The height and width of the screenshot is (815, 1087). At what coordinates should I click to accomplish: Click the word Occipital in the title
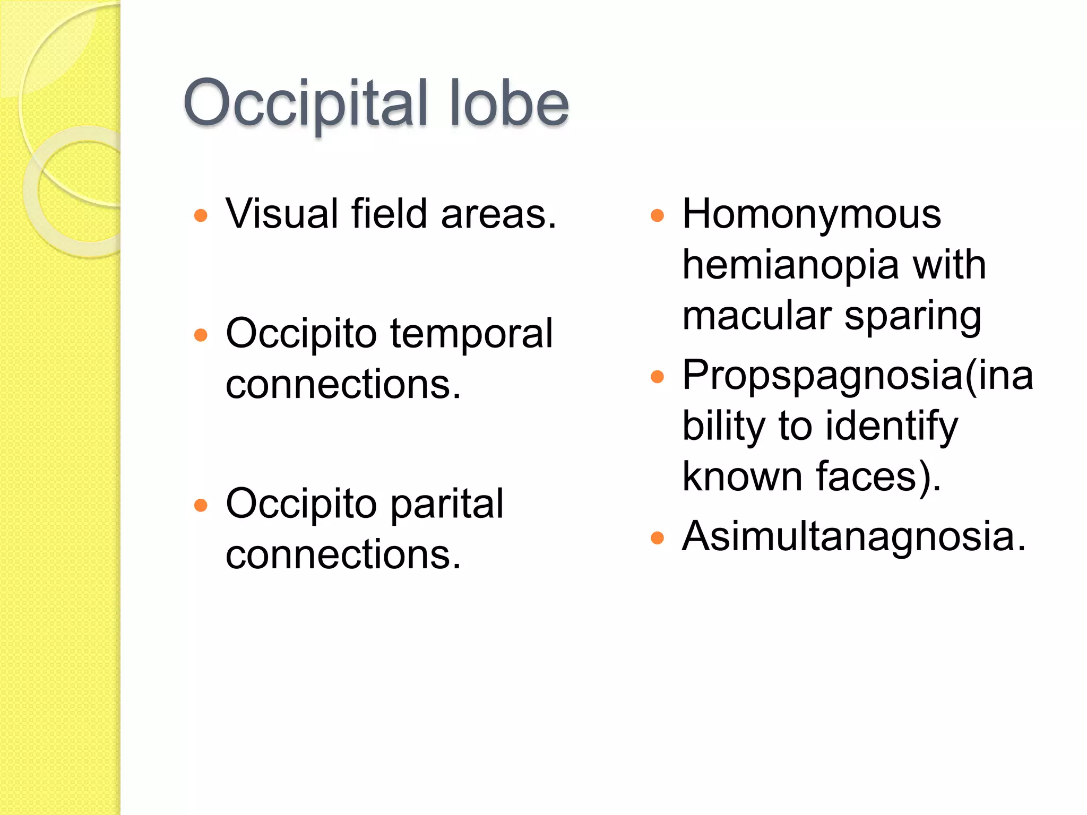click(305, 103)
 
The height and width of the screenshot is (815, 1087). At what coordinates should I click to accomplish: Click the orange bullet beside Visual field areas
click(201, 215)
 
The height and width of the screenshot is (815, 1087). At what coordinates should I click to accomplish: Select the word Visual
click(282, 214)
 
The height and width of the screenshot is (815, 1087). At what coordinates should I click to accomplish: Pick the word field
click(389, 214)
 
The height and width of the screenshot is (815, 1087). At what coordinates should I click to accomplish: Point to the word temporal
click(471, 334)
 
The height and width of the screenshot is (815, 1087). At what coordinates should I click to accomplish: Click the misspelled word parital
click(447, 504)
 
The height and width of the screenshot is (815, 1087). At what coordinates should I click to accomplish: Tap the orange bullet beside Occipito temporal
click(201, 335)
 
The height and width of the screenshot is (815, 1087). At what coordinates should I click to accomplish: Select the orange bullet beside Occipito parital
click(201, 505)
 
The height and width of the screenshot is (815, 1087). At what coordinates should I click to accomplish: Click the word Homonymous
click(812, 214)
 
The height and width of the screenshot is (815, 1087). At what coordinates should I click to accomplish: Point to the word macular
click(757, 316)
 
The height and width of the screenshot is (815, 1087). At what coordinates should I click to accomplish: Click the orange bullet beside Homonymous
click(657, 215)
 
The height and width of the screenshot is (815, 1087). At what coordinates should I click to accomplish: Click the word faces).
click(878, 476)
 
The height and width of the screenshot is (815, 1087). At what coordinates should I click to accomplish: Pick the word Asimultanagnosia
click(853, 536)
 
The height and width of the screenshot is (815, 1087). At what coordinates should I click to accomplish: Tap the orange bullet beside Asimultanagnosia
click(657, 538)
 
